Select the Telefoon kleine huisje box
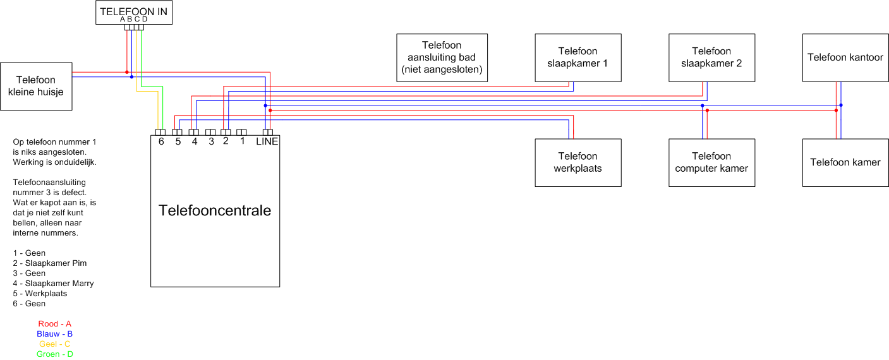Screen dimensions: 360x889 pos(36,86)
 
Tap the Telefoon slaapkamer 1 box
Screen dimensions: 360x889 pos(578,57)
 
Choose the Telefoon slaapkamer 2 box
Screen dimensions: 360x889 pos(711,57)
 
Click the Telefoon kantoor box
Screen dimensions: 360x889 pos(845,57)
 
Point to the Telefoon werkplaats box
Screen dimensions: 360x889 pos(578,162)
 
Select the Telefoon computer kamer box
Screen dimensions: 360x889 pos(711,162)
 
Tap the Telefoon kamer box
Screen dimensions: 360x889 pos(845,162)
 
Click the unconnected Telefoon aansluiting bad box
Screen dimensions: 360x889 pos(442,57)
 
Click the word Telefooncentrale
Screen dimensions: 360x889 pos(215,210)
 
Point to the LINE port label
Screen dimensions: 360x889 pos(267,141)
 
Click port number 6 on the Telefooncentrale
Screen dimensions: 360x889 pos(161,141)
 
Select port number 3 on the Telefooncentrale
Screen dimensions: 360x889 pos(211,141)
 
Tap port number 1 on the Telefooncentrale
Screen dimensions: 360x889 pos(242,141)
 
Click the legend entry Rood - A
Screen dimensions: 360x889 pos(54,324)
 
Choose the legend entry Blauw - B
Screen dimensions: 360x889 pos(54,334)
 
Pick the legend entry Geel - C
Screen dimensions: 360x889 pos(54,344)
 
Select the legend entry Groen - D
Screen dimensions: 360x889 pos(54,354)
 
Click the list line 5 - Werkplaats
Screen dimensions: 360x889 pos(40,294)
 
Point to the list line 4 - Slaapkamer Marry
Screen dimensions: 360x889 pos(53,284)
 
